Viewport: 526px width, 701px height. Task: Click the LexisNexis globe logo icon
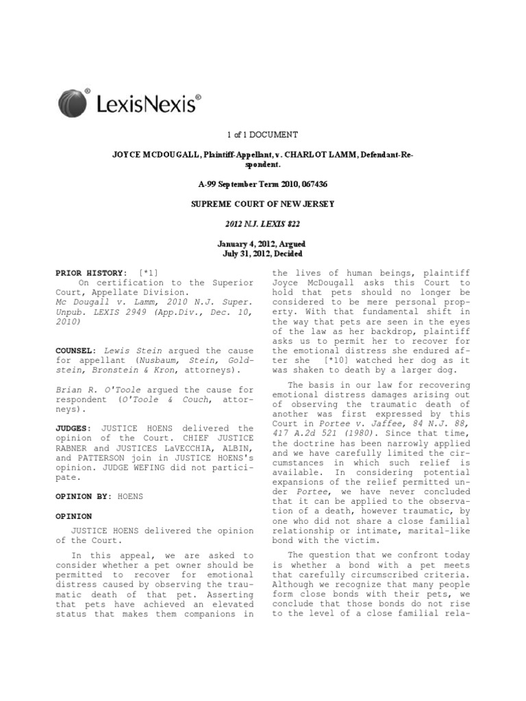(73, 103)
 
